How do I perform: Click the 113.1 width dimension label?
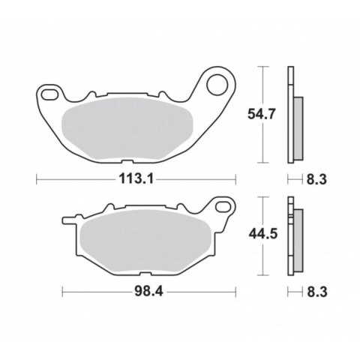[x=136, y=179]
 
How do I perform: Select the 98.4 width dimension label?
[x=148, y=292]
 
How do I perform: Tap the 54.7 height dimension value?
[x=261, y=115]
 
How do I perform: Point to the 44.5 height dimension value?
[x=263, y=234]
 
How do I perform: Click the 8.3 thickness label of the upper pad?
[x=316, y=179]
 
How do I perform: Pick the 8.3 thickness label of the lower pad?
[x=317, y=292]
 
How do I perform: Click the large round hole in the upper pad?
[x=217, y=85]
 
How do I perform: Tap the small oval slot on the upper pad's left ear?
[x=49, y=94]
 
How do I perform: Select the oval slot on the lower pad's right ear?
[x=223, y=207]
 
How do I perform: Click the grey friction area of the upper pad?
[x=127, y=128]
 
